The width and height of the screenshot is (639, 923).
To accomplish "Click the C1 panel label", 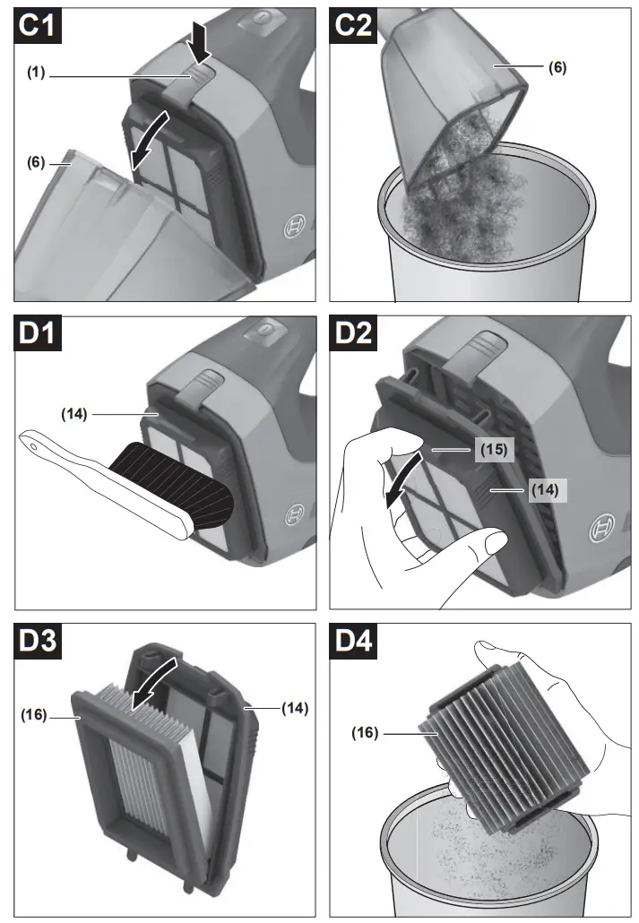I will click(x=39, y=26).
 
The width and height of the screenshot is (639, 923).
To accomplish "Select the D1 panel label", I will click(x=39, y=337).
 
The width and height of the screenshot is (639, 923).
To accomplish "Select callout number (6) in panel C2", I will click(x=557, y=67).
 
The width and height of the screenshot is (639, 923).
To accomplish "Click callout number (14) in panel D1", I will click(x=75, y=414).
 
